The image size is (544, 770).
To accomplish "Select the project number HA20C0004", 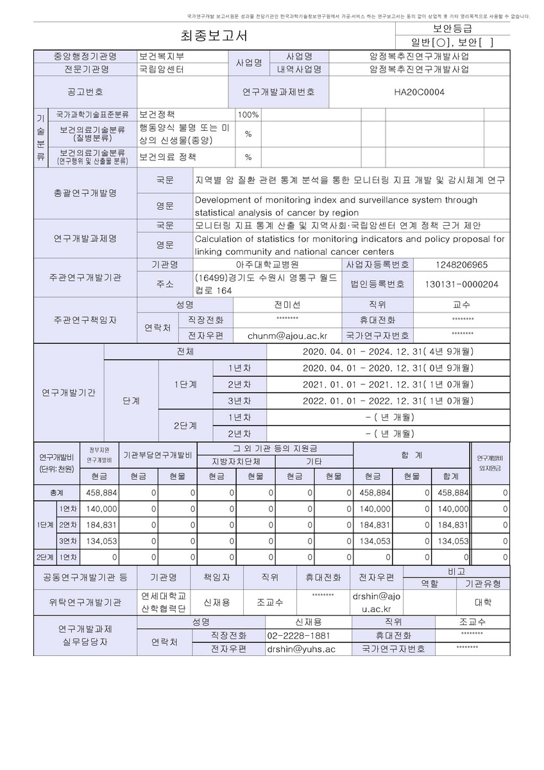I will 419,92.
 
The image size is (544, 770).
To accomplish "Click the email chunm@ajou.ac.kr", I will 288,335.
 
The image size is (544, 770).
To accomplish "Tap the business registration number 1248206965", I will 462,264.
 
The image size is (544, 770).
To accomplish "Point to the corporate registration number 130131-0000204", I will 462,284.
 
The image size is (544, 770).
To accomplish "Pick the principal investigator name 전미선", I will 287,305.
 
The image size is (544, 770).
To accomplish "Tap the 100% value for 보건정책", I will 248,115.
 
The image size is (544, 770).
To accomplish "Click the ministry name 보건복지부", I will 162,56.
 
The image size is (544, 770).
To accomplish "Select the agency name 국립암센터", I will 162,69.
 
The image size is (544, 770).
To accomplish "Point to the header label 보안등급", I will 452,28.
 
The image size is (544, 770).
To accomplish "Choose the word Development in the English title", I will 224,200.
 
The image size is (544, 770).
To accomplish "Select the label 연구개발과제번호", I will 278,92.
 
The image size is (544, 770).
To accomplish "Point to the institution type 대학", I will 482,602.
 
